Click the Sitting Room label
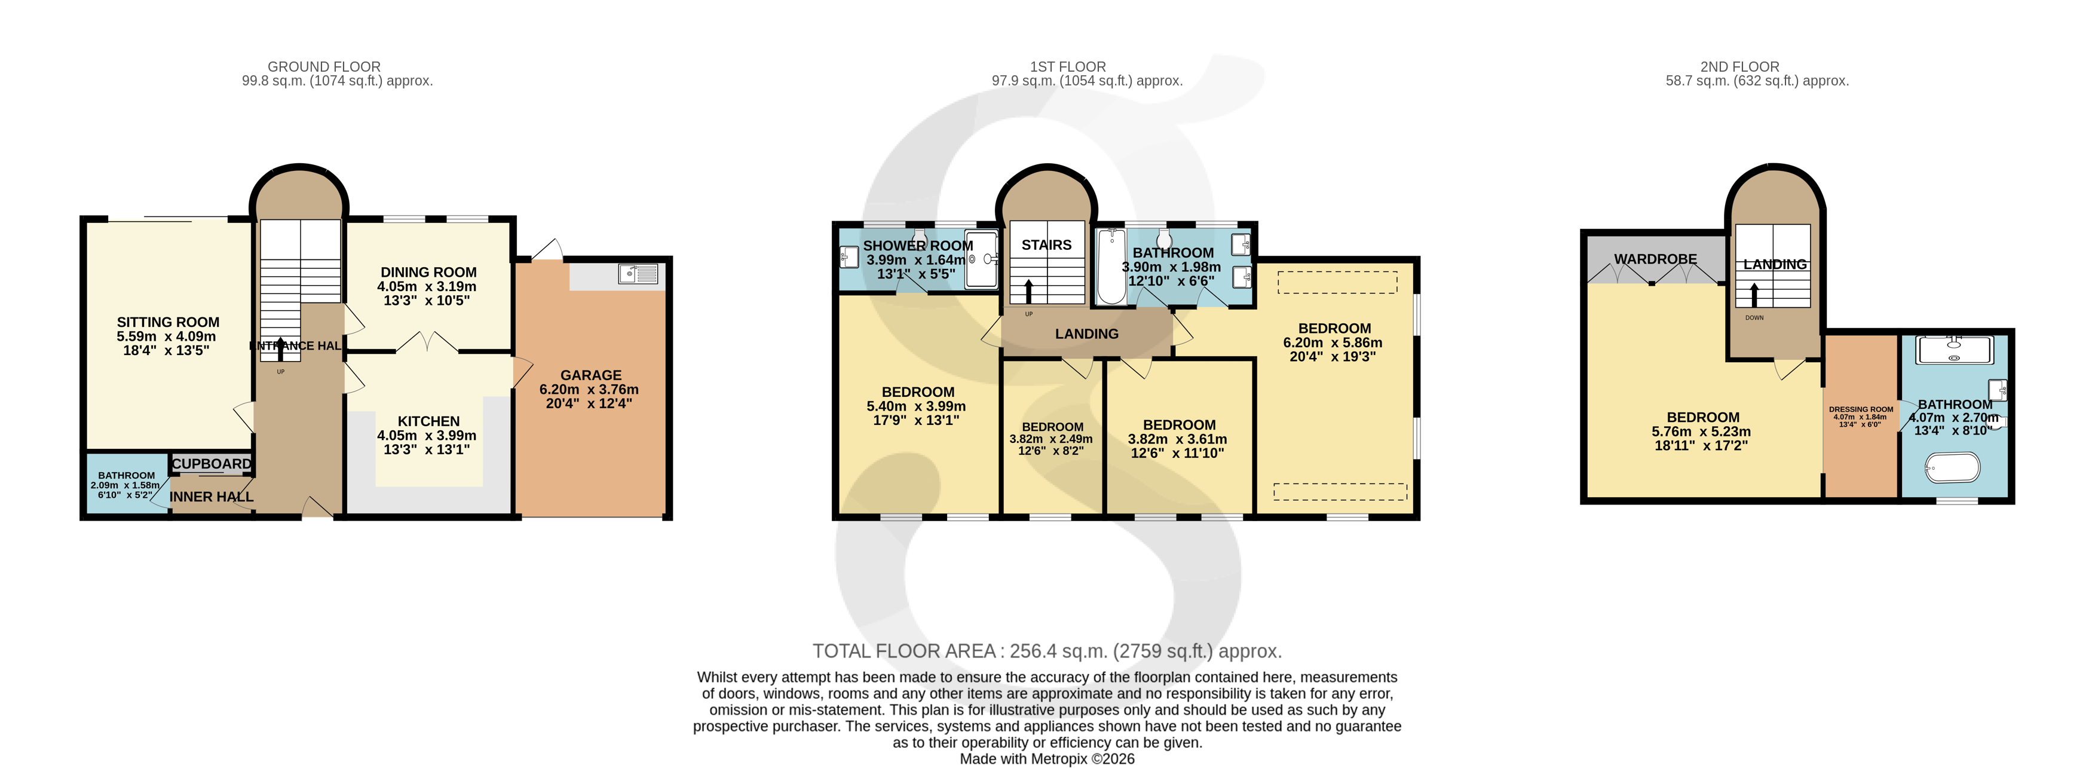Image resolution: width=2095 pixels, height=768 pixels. pos(167,322)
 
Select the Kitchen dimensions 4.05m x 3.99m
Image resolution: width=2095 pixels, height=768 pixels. pos(427,435)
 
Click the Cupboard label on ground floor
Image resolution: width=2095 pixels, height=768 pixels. pos(212,464)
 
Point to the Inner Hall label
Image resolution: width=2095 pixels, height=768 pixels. pos(212,496)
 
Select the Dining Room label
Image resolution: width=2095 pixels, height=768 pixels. pos(428,273)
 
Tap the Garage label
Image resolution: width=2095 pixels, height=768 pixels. pos(590,375)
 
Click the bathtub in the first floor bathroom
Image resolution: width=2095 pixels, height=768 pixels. pos(1110,266)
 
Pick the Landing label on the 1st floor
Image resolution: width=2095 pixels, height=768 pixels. pos(1086,333)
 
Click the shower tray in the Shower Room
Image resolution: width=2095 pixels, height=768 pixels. pos(981,259)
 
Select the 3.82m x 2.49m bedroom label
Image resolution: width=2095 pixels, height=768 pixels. pos(1052,427)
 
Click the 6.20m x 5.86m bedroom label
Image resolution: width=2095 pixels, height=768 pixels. pos(1334,329)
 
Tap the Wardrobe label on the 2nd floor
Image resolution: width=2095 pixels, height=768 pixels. pos(1655,259)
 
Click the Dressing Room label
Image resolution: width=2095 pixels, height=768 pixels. pos(1861,410)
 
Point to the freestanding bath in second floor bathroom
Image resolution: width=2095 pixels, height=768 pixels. pos(1952,469)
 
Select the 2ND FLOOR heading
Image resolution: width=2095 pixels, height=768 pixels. pos(1739,67)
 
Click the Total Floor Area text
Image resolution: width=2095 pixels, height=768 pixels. pos(1047,651)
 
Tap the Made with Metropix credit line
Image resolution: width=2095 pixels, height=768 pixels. pos(1047,759)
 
